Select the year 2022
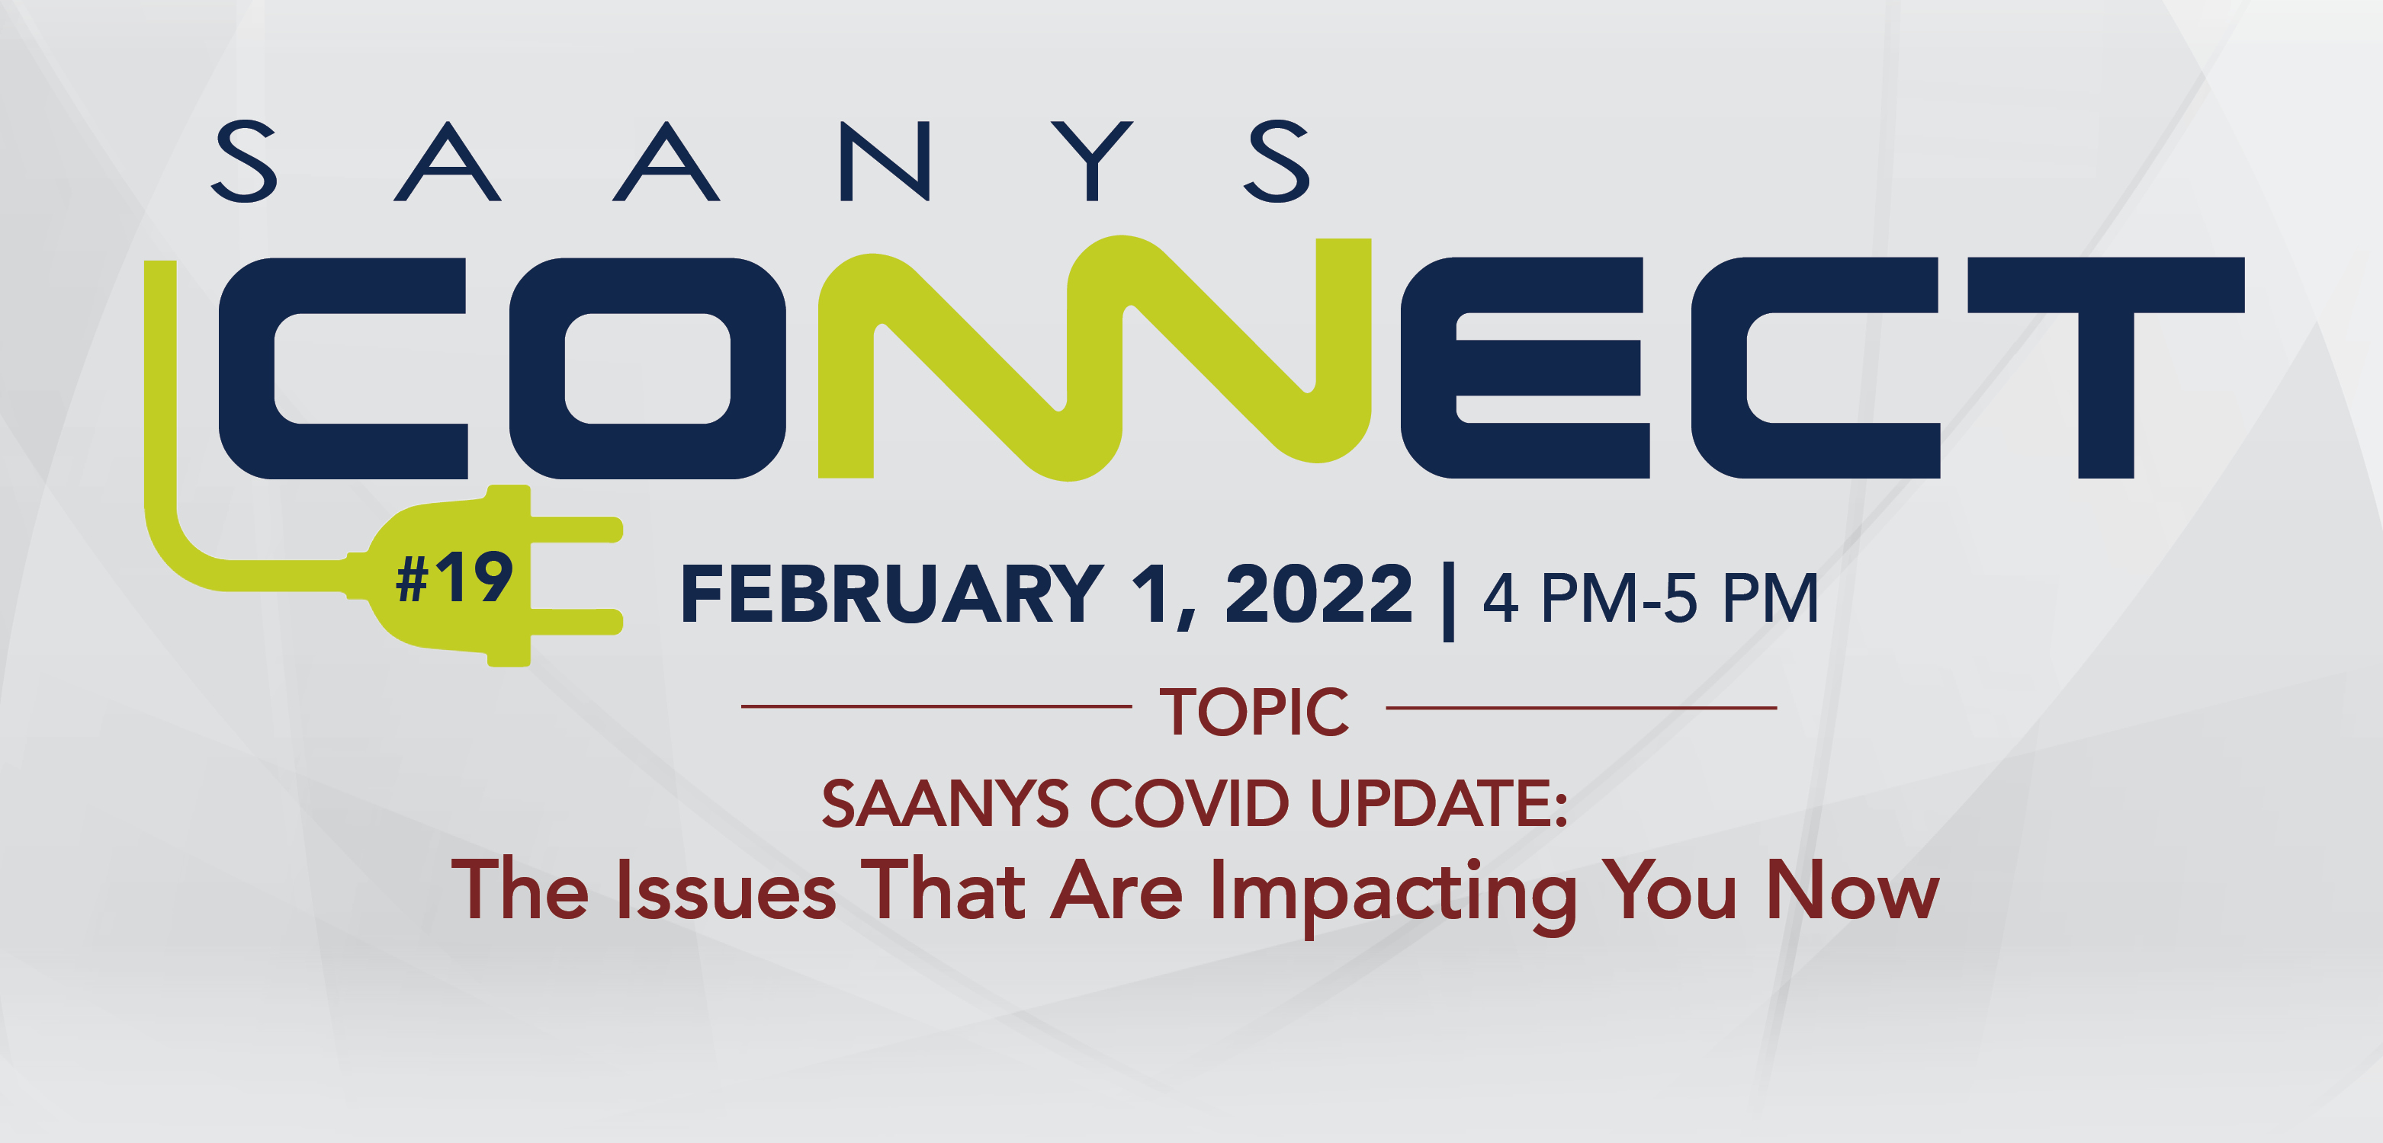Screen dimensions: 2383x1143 click(1319, 594)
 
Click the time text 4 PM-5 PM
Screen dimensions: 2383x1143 click(1650, 598)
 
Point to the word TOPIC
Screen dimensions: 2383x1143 click(1254, 712)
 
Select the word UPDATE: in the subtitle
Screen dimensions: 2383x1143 click(1440, 802)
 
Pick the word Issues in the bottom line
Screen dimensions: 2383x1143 click(725, 889)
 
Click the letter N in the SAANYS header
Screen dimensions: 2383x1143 click(885, 161)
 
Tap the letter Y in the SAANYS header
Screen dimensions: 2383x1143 click(1093, 161)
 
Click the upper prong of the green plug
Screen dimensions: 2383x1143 click(576, 530)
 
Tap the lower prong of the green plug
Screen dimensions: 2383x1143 click(576, 622)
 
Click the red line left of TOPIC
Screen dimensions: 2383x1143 click(936, 706)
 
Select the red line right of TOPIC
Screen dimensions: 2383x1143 click(1582, 707)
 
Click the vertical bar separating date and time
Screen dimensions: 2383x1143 click(1449, 601)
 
